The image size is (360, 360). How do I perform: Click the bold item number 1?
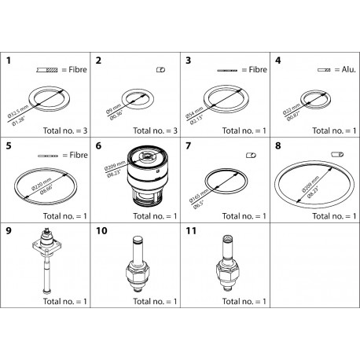pos(9,60)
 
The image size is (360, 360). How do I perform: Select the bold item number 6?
pos(98,145)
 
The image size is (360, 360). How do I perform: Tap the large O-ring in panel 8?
pos(313,186)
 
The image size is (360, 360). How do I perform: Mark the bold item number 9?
pos(9,232)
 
